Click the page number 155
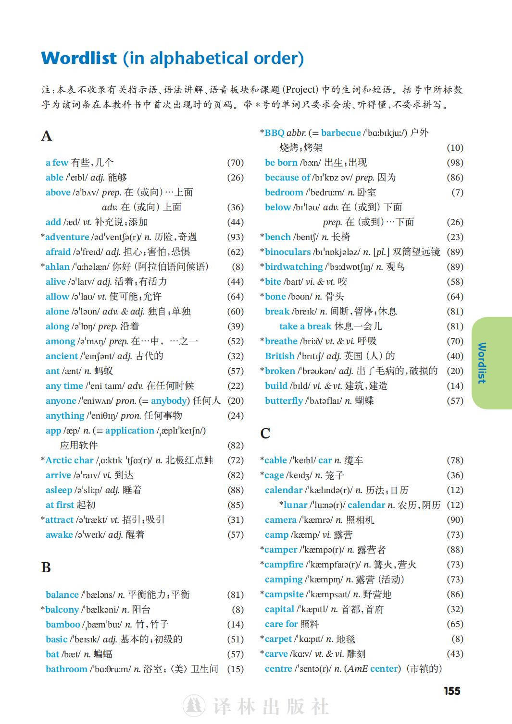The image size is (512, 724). point(452,691)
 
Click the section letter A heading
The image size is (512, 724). point(46,136)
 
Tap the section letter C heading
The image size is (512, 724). point(265,434)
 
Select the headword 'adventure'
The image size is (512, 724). point(67,237)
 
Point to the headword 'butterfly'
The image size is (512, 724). point(284,401)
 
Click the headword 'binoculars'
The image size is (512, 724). point(287,252)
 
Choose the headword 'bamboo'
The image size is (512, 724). point(62,625)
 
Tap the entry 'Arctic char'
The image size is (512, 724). point(69,460)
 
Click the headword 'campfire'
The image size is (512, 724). point(284,565)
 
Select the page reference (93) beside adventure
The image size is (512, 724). point(236,237)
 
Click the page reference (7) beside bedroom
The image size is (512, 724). point(457,193)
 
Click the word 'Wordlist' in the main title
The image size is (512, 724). point(79,58)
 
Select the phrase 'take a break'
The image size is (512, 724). point(305,326)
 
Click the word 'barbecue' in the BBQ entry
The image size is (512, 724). point(341,133)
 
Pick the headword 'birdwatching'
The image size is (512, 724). point(294,267)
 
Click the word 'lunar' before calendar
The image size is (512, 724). point(295,505)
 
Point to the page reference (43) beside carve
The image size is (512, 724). point(455,654)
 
